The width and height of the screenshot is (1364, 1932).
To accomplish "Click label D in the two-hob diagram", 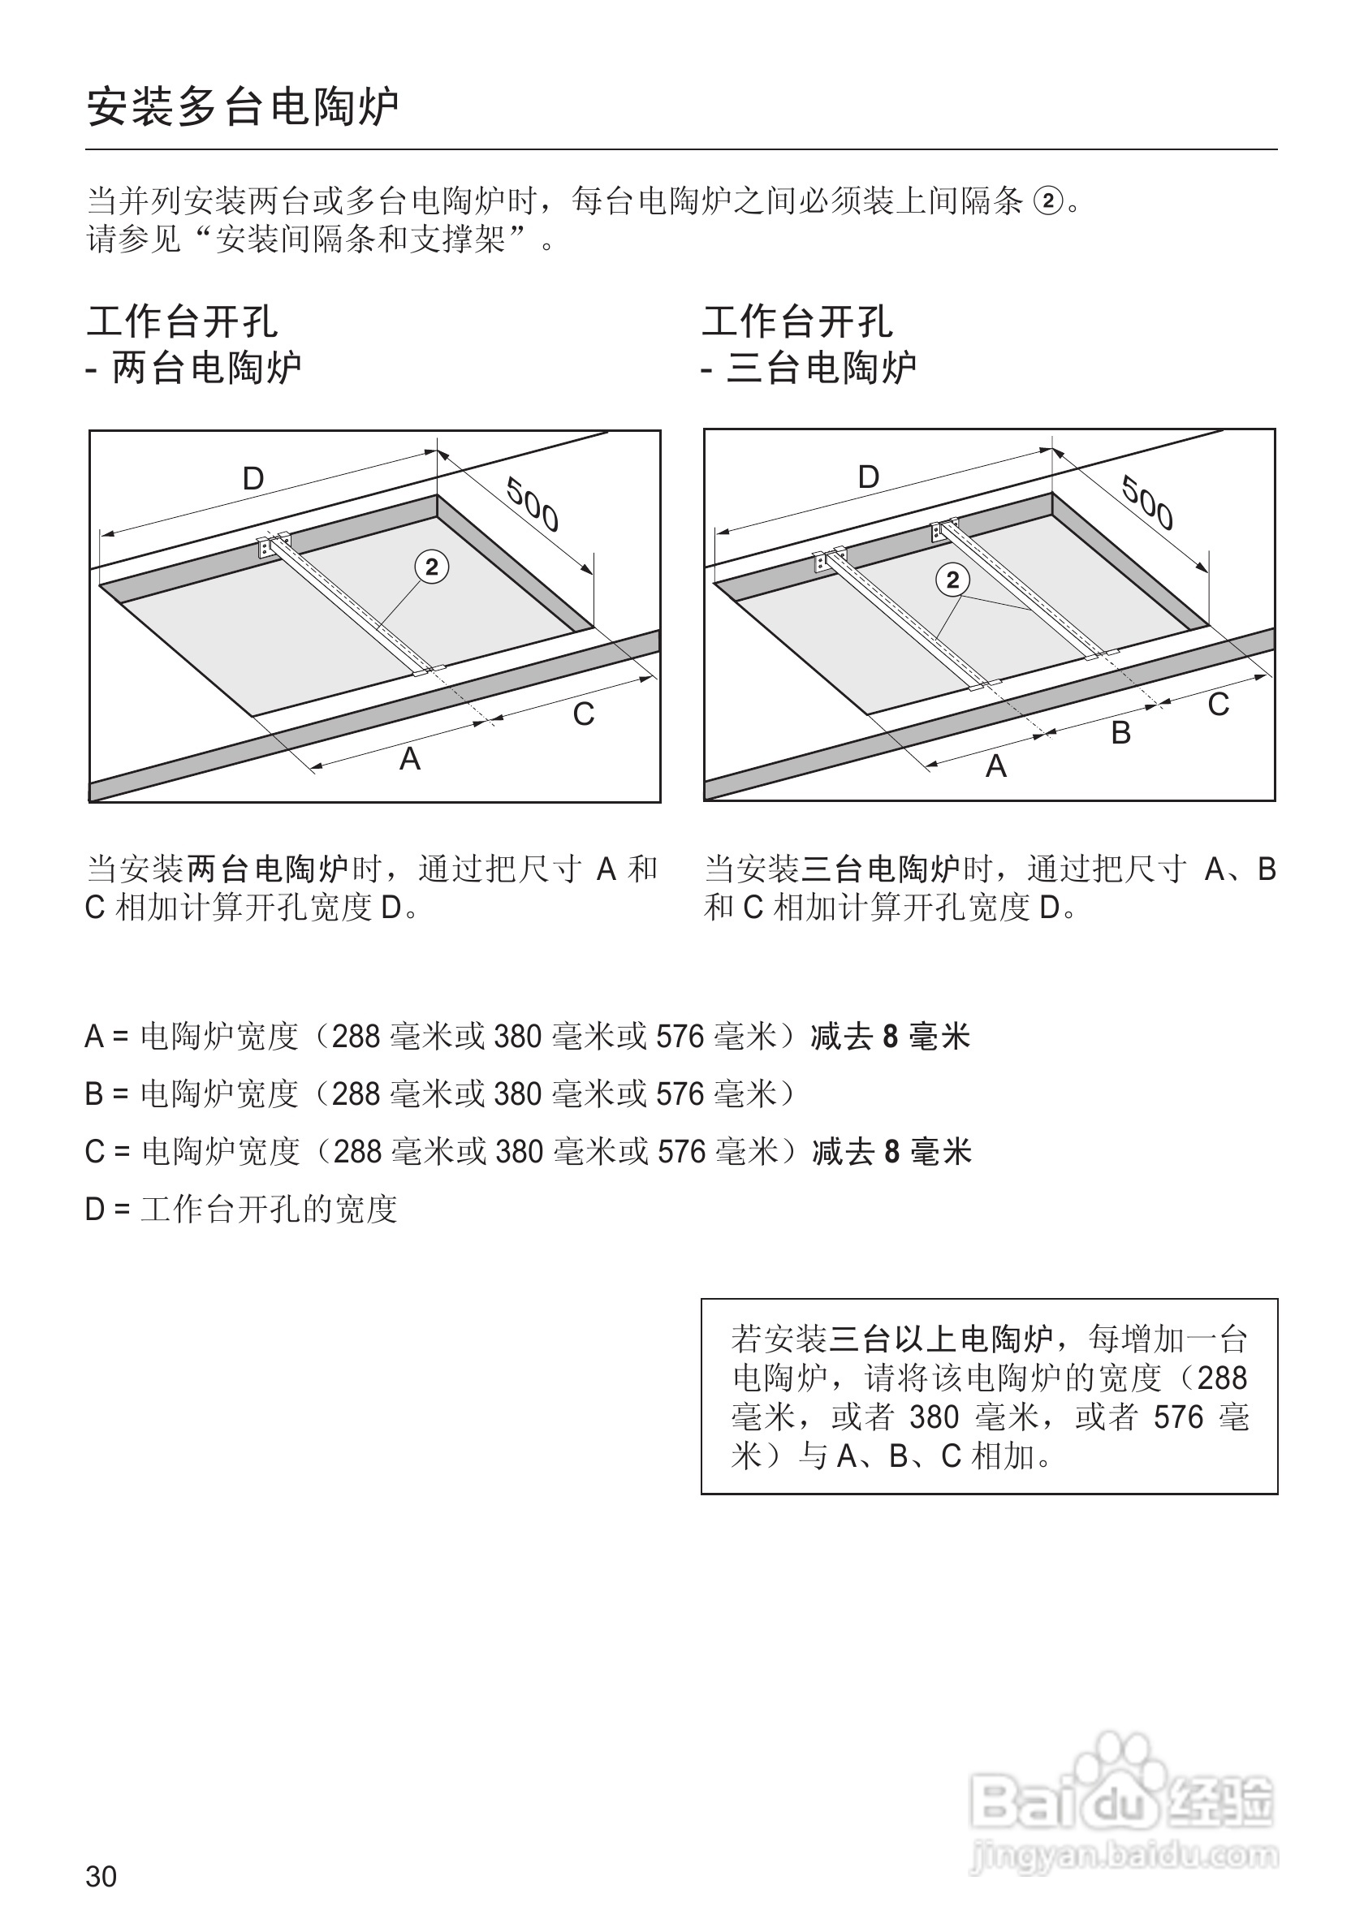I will pos(253,479).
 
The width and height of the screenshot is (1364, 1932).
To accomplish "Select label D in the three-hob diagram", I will pos(869,477).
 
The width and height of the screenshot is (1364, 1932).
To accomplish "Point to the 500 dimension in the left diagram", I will pos(533,504).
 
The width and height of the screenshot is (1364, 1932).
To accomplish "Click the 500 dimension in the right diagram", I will pos(1148,502).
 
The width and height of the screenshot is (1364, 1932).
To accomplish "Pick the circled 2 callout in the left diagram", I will pos(432,568).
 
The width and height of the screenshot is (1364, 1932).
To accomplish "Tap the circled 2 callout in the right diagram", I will pos(952,580).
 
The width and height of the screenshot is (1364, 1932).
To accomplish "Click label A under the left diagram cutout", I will pos(410,759).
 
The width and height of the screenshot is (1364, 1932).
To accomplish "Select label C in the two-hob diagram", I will pos(583,714).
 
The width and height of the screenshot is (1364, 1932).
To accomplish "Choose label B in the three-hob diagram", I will pos(1120,733).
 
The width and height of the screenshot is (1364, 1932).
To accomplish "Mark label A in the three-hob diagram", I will pos(996,765).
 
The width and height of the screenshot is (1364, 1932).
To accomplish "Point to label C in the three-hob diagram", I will pos(1219,705).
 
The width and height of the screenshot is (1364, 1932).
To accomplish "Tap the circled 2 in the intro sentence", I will pos(1047,202).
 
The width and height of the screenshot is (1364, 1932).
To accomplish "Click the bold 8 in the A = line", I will pos(891,1037).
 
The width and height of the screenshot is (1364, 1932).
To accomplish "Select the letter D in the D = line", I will pos(94,1210).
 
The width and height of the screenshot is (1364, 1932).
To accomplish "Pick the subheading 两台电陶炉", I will pos(206,368).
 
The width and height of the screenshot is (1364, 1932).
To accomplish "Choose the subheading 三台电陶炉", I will pos(822,368).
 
